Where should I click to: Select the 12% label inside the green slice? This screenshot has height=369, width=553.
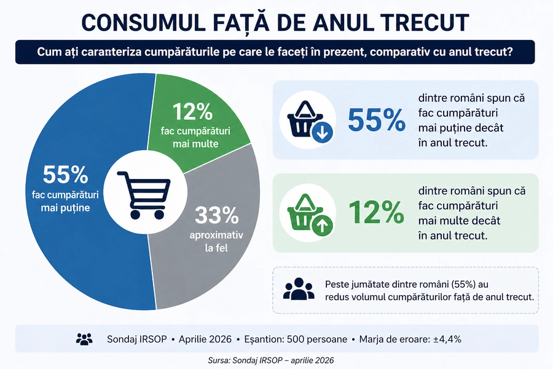192,112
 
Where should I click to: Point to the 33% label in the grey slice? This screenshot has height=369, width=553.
216,215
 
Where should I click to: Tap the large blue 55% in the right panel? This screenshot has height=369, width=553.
377,120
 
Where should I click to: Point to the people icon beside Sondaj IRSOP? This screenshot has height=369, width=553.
84,339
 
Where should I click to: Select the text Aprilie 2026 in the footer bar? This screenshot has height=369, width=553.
205,339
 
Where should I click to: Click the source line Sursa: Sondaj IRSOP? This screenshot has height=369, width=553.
276,359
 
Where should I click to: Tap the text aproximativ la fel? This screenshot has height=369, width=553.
216,242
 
